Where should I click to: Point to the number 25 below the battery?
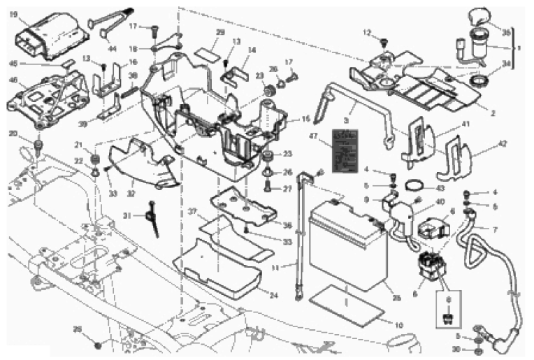coord(396,298)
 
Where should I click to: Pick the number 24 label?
coord(273,295)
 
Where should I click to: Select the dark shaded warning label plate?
coord(347,152)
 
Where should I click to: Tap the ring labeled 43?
coord(415,187)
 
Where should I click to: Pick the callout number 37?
coord(191,211)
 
